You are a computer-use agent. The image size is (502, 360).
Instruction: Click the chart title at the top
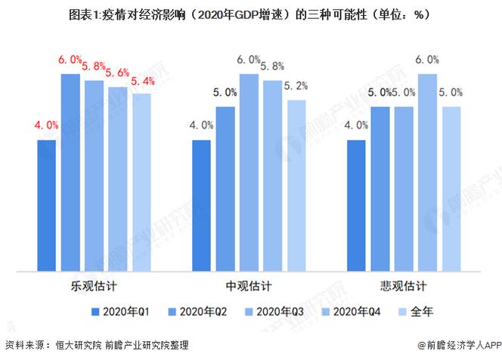click(x=250, y=14)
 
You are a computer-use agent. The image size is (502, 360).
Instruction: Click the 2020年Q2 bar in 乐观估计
click(x=71, y=172)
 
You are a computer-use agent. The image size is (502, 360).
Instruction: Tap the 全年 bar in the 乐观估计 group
click(x=141, y=182)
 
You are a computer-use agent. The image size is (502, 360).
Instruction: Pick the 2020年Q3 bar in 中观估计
click(x=249, y=172)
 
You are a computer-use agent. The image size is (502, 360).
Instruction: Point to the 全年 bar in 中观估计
click(x=296, y=185)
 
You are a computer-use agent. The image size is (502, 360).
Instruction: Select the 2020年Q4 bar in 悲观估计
click(x=428, y=172)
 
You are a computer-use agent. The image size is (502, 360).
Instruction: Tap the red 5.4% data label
click(x=142, y=81)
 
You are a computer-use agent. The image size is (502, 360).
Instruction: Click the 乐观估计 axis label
click(x=95, y=287)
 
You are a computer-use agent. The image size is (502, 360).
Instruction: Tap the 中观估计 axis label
click(x=249, y=287)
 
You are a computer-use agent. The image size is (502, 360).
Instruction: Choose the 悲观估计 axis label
click(x=404, y=287)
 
